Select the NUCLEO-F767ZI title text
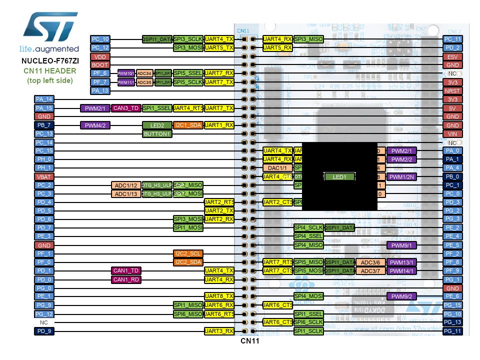pos(49,61)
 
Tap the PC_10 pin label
pos(100,39)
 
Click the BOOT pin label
pos(100,65)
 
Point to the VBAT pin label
pos(44,176)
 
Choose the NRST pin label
pos(452,91)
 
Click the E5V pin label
pos(452,56)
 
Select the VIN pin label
pos(452,134)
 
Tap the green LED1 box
pos(339,176)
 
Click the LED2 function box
pos(157,125)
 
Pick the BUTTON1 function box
pos(157,134)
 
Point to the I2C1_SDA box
pos(188,125)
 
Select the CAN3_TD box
pos(126,108)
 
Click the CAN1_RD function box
pos(126,279)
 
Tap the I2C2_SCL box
pos(188,253)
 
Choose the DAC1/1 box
pos(277,168)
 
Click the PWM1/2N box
pos(401,176)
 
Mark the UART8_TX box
pos(219,296)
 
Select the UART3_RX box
pos(219,331)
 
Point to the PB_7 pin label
pos(44,125)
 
